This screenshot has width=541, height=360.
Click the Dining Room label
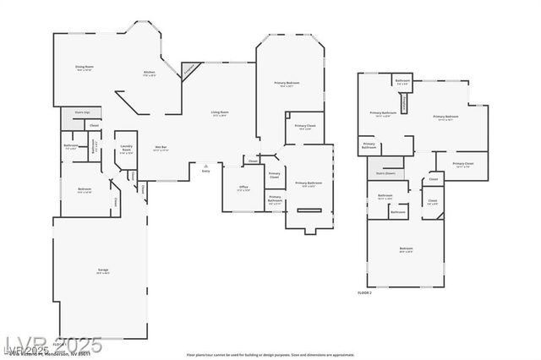[85, 68]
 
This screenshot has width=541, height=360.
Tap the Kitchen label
[149, 74]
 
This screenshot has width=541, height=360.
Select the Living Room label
[220, 113]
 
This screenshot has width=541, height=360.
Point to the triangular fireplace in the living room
[190, 68]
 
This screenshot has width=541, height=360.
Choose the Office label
[243, 188]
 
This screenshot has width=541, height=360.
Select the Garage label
[102, 271]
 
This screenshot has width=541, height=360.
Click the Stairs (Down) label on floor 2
[385, 173]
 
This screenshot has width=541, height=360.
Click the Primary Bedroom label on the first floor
[287, 84]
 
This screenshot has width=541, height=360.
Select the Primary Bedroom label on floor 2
[445, 117]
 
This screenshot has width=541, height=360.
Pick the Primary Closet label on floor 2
[462, 165]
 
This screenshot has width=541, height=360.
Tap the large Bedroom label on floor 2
[406, 249]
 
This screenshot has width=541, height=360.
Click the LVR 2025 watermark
[52, 345]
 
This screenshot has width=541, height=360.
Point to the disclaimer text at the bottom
[270, 355]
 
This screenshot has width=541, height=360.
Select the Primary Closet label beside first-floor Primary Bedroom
[304, 128]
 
